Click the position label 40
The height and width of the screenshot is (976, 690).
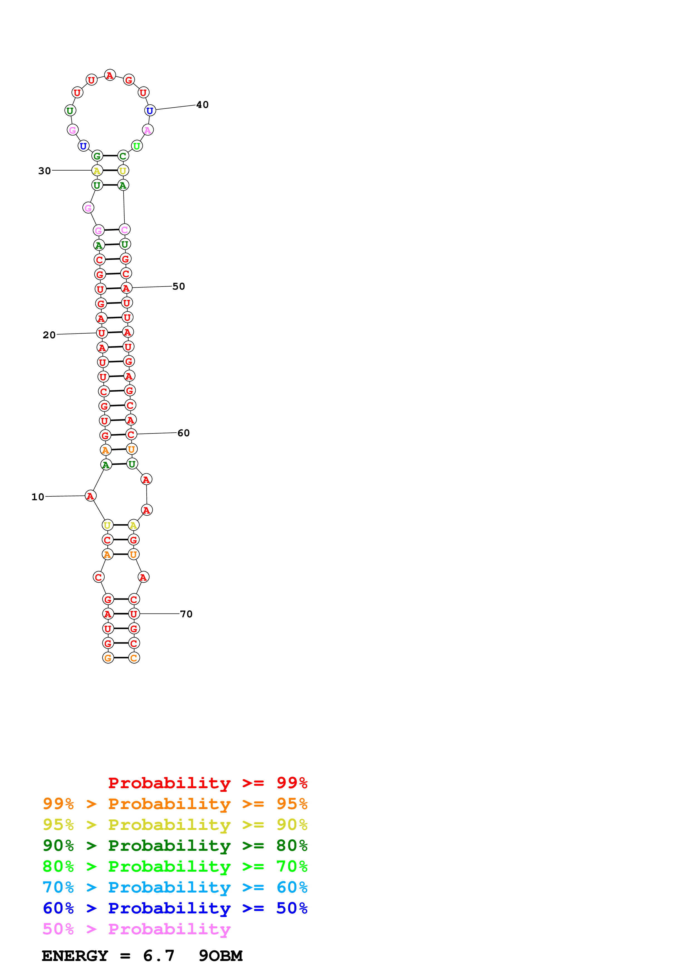coord(202,105)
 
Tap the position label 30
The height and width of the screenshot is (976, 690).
coord(44,171)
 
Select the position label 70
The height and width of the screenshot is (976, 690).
coord(186,614)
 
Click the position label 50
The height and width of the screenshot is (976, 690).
coord(179,287)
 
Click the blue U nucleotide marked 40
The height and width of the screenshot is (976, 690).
coord(150,110)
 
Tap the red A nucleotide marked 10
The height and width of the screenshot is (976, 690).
coord(90,496)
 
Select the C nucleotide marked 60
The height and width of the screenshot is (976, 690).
coord(131,434)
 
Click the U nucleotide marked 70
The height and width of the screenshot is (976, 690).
coord(134,614)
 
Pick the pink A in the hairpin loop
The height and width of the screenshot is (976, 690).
coord(148,130)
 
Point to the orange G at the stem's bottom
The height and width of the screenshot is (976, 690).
coord(108,658)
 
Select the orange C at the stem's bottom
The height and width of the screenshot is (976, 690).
coord(134,658)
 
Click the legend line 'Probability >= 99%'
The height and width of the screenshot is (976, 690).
coord(207,783)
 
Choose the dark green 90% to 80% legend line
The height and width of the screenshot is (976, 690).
coord(175,846)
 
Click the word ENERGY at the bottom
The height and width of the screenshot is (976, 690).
coord(75,956)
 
